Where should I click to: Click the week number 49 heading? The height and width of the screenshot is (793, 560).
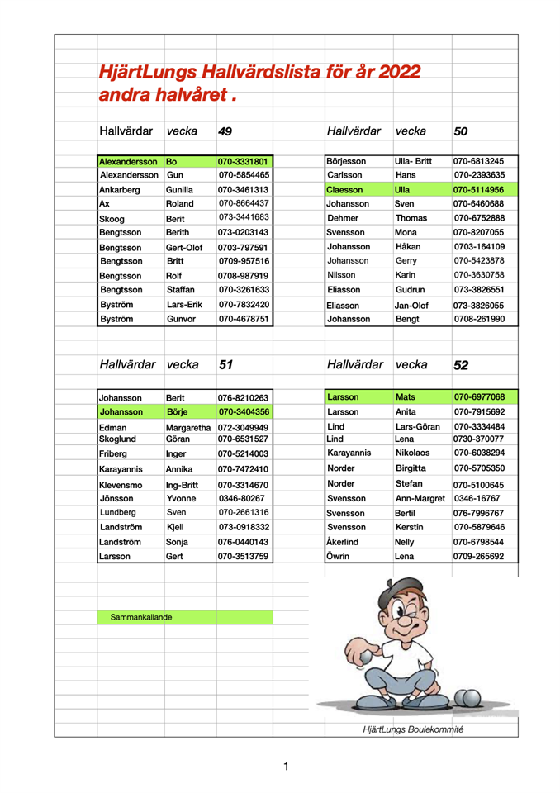tap(225, 131)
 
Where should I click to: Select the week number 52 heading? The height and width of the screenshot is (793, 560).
tap(462, 364)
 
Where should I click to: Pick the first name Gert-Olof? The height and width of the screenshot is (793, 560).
tap(184, 247)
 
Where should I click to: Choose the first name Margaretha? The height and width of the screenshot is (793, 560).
tap(189, 427)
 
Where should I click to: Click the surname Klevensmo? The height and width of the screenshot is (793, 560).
tap(125, 485)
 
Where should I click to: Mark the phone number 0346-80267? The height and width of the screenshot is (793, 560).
tap(240, 499)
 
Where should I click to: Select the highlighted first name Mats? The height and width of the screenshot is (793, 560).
tap(406, 396)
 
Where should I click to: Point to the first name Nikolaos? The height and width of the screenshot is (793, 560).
tap(418, 453)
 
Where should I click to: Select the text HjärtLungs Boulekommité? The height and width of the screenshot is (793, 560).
tap(413, 729)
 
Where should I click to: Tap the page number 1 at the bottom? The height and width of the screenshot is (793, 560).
tap(286, 767)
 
